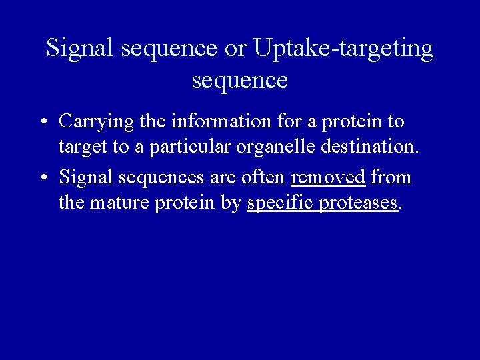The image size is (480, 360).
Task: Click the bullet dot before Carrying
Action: pyautogui.click(x=42, y=123)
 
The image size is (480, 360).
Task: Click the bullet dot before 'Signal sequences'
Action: pyautogui.click(x=42, y=178)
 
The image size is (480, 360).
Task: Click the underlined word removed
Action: pyautogui.click(x=328, y=177)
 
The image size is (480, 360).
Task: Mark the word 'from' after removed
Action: pyautogui.click(x=391, y=177)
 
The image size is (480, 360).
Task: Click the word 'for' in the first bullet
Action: pyautogui.click(x=288, y=121)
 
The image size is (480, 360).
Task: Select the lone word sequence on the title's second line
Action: pyautogui.click(x=239, y=81)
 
